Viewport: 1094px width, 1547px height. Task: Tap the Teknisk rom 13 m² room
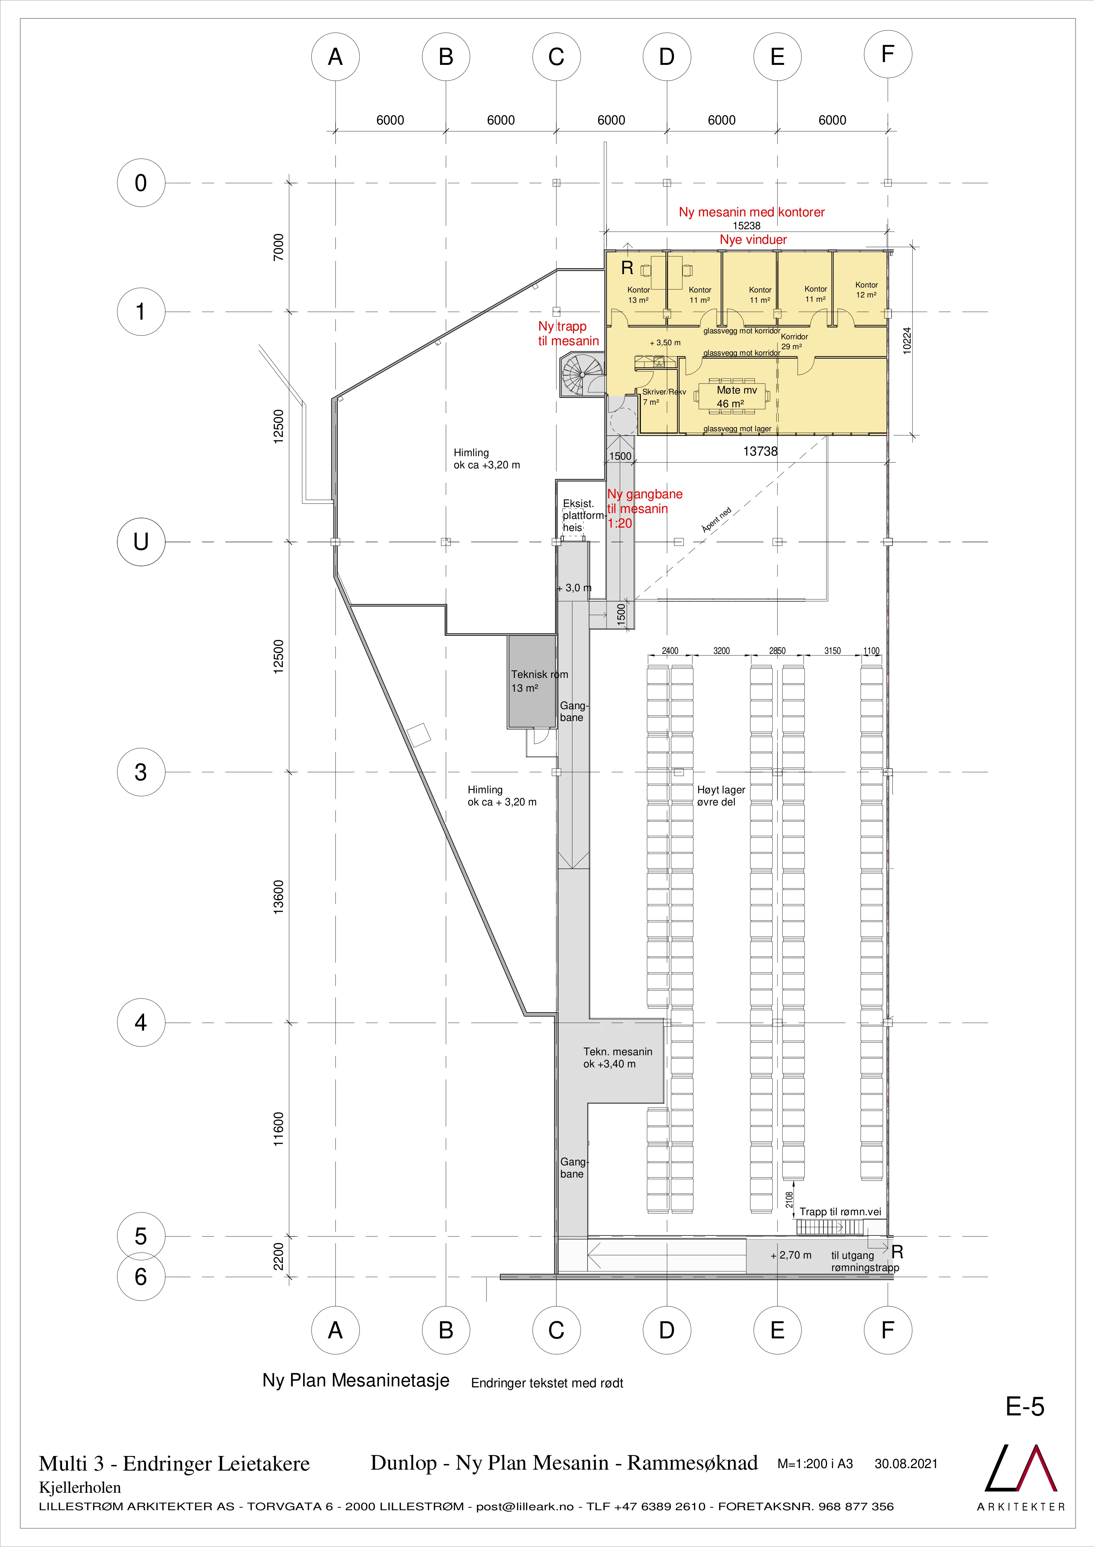(x=532, y=681)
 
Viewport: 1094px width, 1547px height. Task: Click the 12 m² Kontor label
(x=866, y=290)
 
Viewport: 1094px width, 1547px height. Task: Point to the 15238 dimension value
(x=746, y=226)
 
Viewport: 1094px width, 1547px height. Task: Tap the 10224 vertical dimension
(x=907, y=341)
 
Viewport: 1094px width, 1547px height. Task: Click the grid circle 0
(x=141, y=183)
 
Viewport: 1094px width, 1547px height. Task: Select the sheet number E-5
(x=1025, y=1406)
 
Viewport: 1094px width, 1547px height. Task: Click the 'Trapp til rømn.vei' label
(x=840, y=1211)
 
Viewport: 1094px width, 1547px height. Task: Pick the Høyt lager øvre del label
(x=721, y=796)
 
